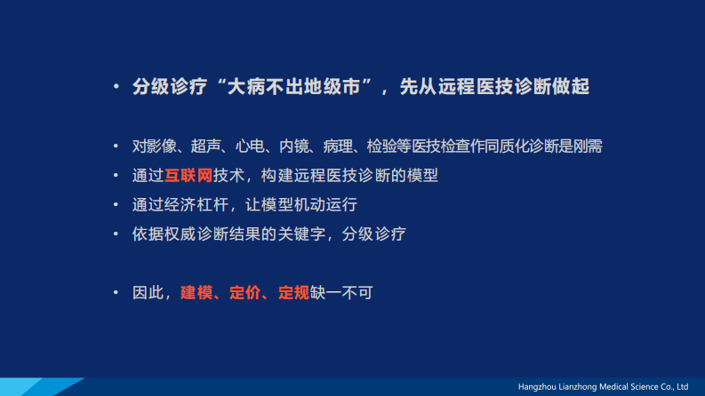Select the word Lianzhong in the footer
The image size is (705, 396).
pos(585,387)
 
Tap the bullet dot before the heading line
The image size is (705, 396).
pos(116,88)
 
